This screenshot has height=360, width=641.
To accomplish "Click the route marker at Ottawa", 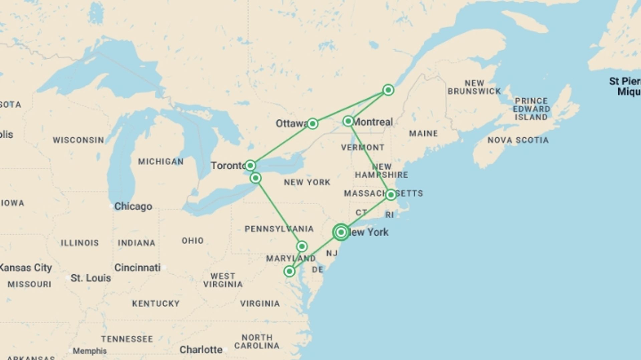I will [x=312, y=124].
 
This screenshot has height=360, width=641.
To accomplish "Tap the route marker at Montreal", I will [x=348, y=121].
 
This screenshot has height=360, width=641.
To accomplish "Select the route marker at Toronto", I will [x=250, y=165].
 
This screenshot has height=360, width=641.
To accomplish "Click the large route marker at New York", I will [x=341, y=232].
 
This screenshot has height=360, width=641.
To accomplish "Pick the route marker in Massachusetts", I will [x=391, y=195].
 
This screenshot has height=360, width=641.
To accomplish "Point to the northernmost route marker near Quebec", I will [x=388, y=90].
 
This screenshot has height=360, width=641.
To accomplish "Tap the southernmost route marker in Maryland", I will [x=289, y=271].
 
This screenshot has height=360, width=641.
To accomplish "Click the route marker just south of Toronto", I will [x=255, y=178].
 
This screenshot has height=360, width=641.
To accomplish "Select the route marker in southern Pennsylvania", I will [x=302, y=246].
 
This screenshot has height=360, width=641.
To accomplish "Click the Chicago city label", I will [x=133, y=206].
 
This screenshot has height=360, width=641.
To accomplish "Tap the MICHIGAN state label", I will [x=161, y=162].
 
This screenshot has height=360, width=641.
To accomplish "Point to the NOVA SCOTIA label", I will [x=518, y=140].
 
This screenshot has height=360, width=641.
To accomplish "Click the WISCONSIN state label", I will [x=78, y=140].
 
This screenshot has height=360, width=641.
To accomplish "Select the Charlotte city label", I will [x=201, y=350].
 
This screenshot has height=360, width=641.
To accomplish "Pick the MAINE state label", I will [x=423, y=134].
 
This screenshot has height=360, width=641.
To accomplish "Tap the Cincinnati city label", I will [x=138, y=268].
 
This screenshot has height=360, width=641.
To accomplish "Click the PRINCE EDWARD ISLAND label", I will [x=531, y=109].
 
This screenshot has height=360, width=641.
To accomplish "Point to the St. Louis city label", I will [x=90, y=278].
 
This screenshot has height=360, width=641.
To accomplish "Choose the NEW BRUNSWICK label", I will [x=474, y=87].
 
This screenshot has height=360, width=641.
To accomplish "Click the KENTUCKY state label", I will [x=156, y=304].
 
